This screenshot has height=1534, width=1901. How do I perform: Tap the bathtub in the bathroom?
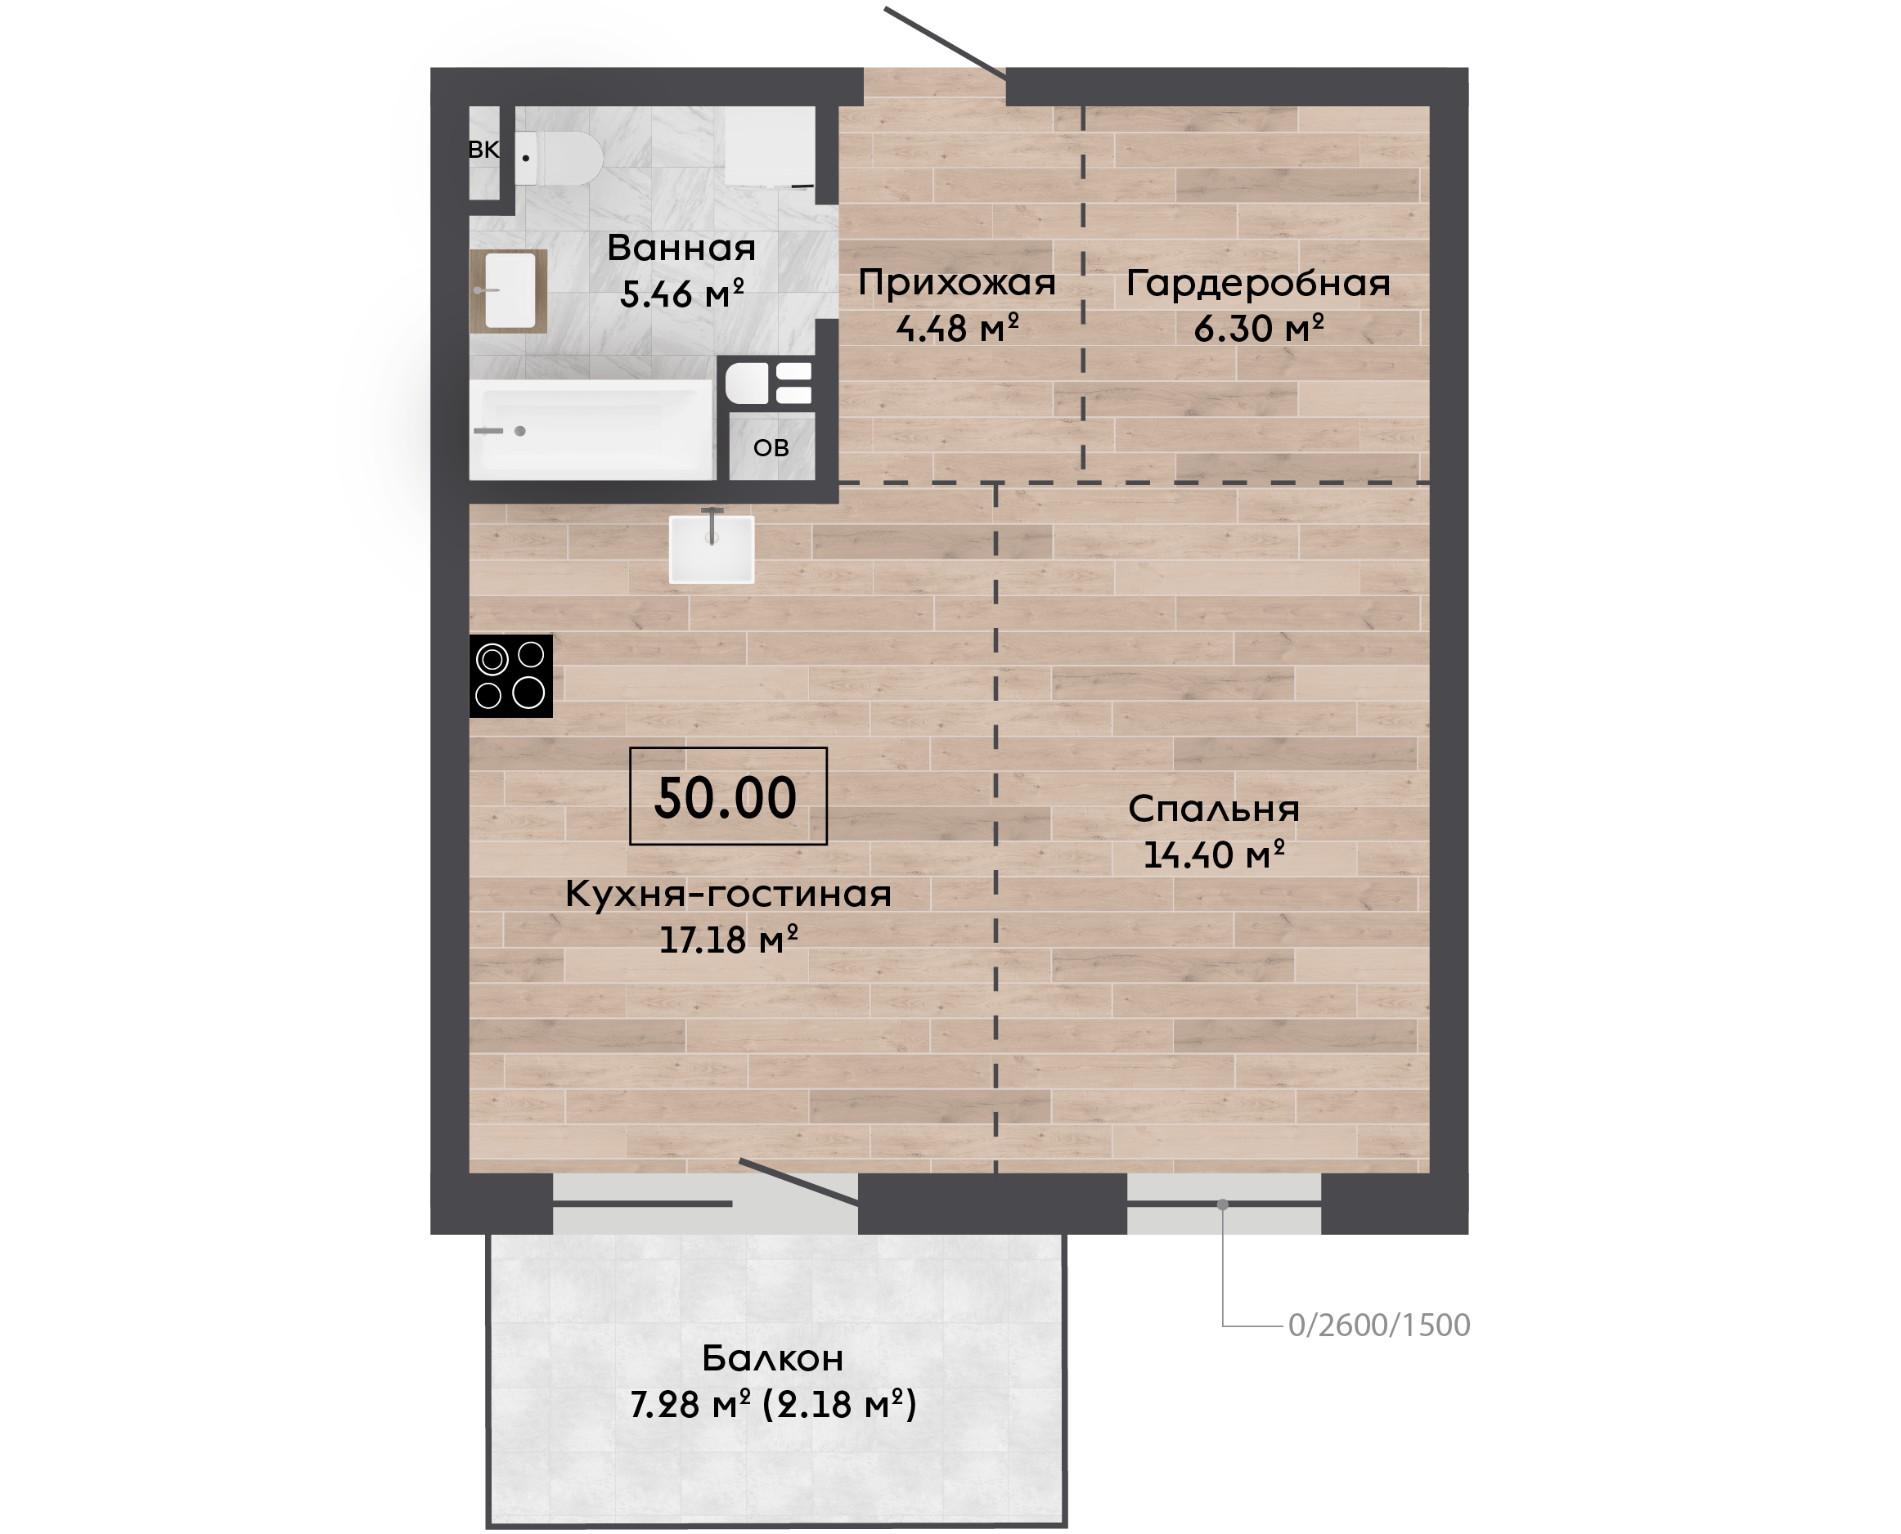pyautogui.click(x=591, y=430)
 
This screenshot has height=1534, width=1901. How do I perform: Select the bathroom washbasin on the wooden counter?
pyautogui.click(x=510, y=291)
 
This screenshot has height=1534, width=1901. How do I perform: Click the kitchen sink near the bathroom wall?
pyautogui.click(x=712, y=549)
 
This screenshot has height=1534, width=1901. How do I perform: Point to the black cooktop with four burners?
pyautogui.click(x=510, y=676)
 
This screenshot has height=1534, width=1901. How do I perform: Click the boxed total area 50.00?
pyautogui.click(x=728, y=796)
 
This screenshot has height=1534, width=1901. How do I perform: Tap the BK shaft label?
pyautogui.click(x=483, y=150)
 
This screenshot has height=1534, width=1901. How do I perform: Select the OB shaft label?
pyautogui.click(x=771, y=448)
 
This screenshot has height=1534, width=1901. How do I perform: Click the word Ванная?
pyautogui.click(x=681, y=249)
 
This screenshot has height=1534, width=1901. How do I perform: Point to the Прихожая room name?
pyautogui.click(x=957, y=285)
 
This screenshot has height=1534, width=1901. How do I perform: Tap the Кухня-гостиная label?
pyautogui.click(x=728, y=895)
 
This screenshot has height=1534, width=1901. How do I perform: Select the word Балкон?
pyautogui.click(x=773, y=1358)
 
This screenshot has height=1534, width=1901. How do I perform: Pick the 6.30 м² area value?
pyautogui.click(x=1259, y=329)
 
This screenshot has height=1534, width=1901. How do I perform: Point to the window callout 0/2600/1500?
pyautogui.click(x=1378, y=1325)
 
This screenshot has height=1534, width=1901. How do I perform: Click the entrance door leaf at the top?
pyautogui.click(x=945, y=43)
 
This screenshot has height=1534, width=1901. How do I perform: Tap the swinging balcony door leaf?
pyautogui.click(x=799, y=1182)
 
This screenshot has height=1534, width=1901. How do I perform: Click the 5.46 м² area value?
pyautogui.click(x=681, y=294)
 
